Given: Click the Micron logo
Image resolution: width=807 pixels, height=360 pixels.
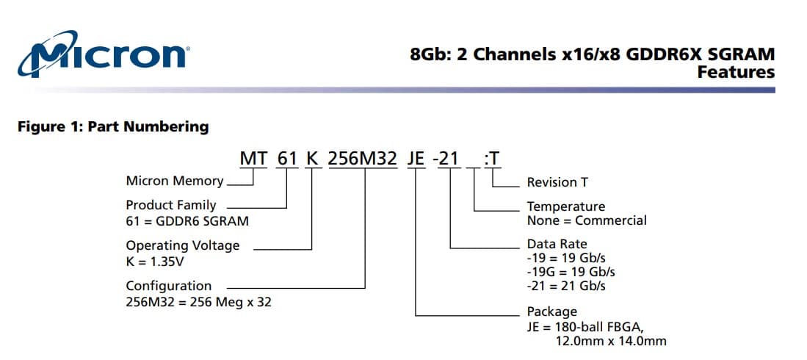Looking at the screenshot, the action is (103, 54).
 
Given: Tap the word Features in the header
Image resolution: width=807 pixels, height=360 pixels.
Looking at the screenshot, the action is (736, 72).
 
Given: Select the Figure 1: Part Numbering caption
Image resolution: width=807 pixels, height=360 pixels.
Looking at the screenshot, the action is (113, 126).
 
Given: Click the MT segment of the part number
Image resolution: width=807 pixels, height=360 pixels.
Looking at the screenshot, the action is (254, 159).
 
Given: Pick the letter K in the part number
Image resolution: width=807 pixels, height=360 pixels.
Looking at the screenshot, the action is (312, 159).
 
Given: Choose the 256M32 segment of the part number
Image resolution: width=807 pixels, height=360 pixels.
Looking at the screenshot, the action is (363, 159).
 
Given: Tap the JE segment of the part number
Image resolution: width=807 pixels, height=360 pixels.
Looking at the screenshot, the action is (416, 159).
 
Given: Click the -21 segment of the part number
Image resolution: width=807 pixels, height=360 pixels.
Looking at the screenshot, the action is (446, 159).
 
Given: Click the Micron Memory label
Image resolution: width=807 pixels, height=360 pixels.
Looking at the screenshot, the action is (175, 181).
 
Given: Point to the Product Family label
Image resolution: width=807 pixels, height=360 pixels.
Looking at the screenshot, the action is (171, 205).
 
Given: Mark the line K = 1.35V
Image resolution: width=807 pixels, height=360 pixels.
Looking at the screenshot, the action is (155, 262).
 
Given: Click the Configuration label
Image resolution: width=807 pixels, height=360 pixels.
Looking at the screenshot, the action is (169, 287).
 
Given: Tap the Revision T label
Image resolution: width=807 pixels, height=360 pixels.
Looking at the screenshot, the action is (557, 182).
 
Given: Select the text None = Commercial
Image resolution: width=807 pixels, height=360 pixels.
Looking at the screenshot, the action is (587, 221).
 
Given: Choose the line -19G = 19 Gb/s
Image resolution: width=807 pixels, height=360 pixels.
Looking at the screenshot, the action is (571, 271).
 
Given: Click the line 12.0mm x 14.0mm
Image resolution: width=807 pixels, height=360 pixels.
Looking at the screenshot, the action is (611, 341).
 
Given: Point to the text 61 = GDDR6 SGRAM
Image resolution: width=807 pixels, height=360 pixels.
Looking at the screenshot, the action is (187, 221).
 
